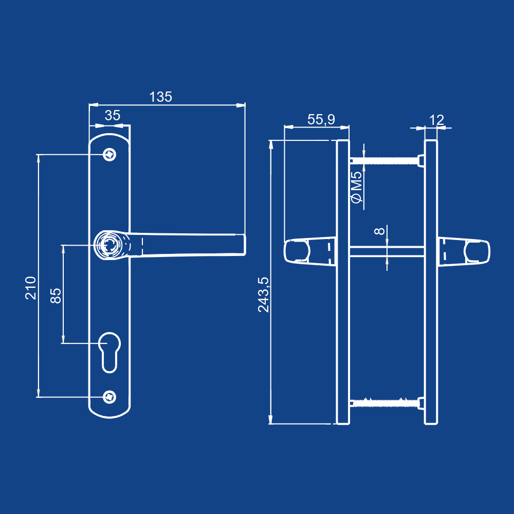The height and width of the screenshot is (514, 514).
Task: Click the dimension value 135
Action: (x=160, y=97)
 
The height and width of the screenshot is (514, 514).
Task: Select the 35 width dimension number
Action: (x=113, y=115)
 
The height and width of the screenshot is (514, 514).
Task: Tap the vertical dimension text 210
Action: (x=31, y=288)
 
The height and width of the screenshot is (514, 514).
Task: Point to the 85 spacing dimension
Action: (x=56, y=296)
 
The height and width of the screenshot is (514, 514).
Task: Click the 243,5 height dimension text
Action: (x=263, y=295)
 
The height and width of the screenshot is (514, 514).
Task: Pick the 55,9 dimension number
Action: (x=321, y=120)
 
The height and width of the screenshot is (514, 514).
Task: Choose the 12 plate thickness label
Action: (x=436, y=120)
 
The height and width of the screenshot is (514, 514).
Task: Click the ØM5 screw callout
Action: (x=356, y=187)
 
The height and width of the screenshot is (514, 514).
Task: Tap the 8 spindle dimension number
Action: (x=379, y=231)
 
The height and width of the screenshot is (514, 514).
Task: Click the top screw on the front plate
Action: (x=109, y=154)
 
